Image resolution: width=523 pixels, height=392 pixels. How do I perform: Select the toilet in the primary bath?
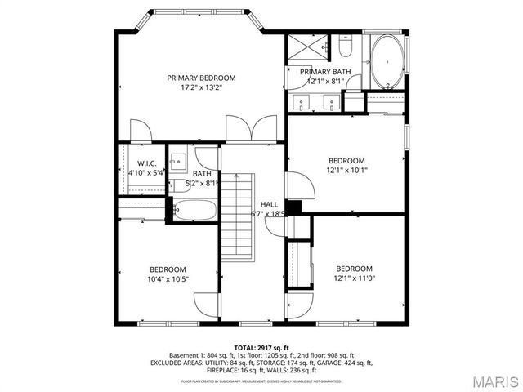click(344, 46)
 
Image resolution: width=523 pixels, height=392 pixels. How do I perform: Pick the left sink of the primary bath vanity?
click(302, 102)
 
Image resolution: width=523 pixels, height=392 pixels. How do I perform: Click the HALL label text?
click(269, 204)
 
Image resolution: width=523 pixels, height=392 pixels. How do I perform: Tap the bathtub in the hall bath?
click(195, 210)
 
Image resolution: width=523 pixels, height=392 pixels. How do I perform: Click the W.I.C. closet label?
click(147, 163)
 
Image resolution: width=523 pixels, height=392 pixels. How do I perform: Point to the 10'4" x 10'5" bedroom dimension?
click(168, 279)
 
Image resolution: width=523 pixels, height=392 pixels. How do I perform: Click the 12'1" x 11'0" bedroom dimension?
click(354, 278)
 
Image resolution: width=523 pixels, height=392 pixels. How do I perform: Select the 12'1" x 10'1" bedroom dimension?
click(346, 171)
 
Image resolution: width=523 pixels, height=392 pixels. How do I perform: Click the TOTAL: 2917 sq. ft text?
click(261, 347)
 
